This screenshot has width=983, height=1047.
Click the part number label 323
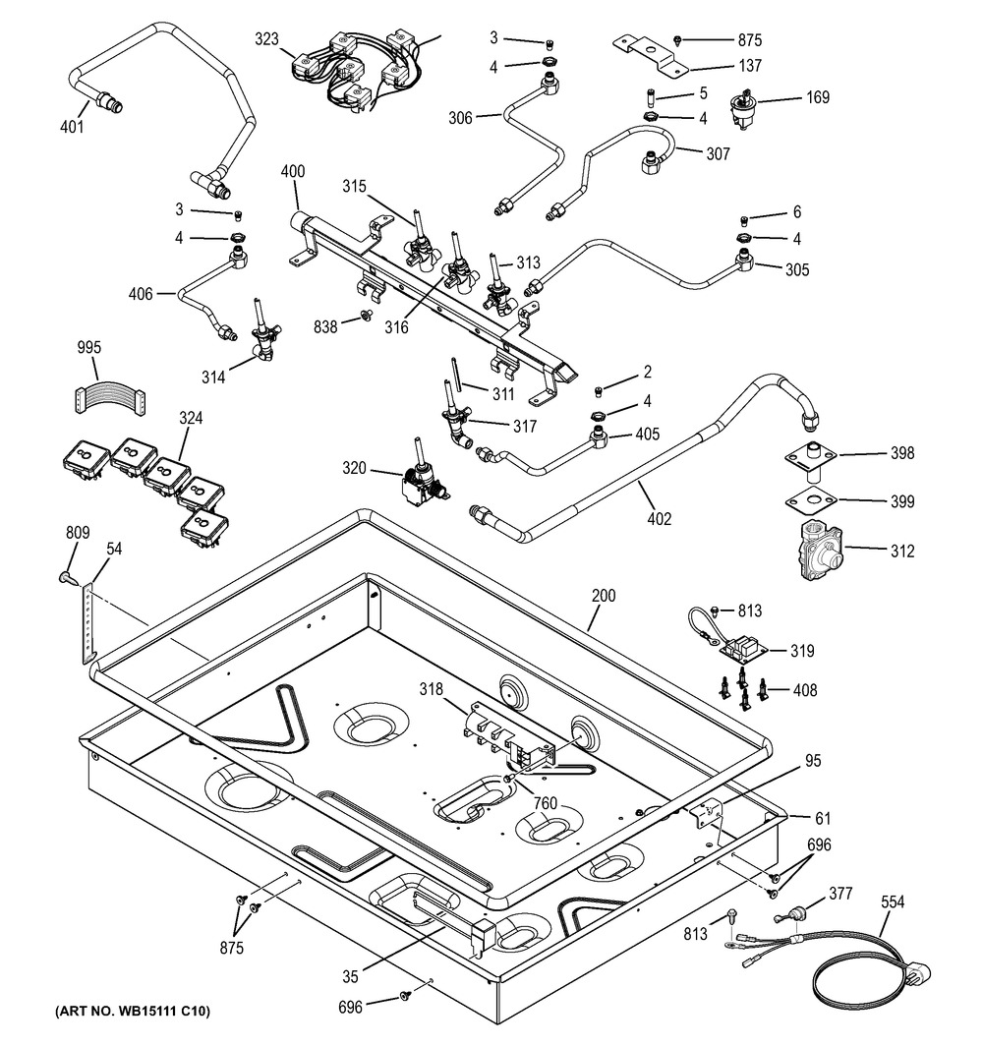(x=267, y=39)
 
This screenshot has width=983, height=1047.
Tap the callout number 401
(x=71, y=126)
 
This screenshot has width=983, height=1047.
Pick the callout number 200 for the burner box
(x=604, y=596)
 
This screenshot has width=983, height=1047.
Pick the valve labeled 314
(x=263, y=339)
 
